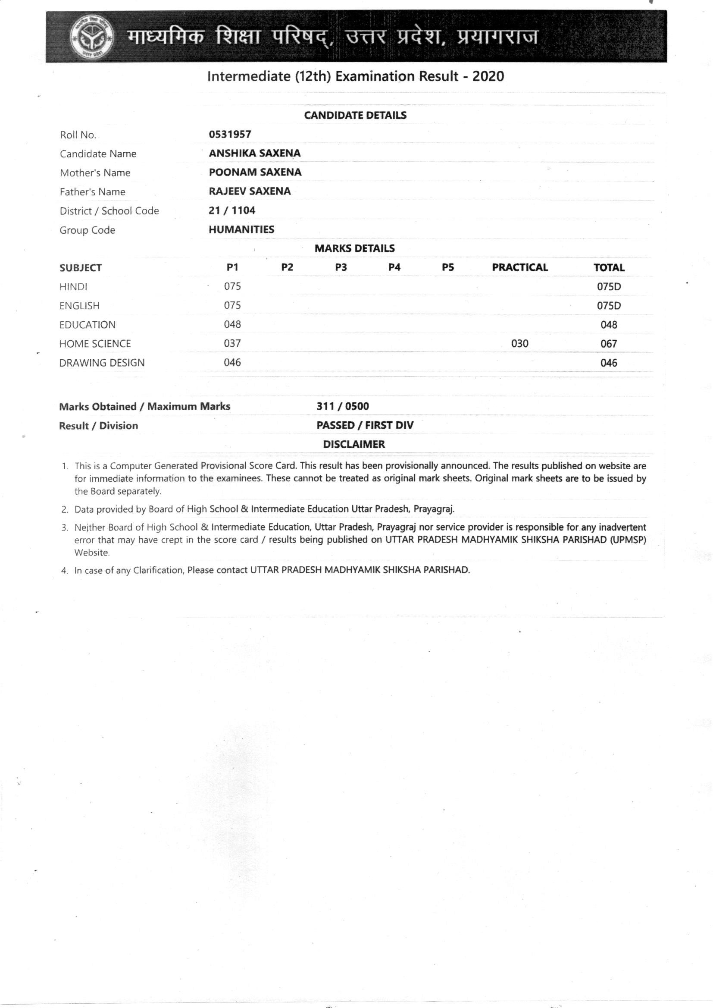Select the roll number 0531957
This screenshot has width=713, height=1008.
(x=230, y=135)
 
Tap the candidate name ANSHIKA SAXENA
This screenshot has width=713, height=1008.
(x=255, y=153)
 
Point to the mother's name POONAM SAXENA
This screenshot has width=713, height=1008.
(x=255, y=172)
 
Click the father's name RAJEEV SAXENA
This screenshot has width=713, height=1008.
(x=250, y=191)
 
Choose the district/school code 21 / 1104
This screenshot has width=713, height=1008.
(x=232, y=210)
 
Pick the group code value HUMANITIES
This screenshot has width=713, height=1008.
(x=241, y=229)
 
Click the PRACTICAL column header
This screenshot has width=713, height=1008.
(x=520, y=267)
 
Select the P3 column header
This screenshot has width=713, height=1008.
(x=341, y=267)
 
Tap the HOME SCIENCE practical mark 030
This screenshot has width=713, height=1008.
(x=520, y=343)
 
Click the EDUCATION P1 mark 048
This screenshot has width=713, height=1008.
(x=232, y=324)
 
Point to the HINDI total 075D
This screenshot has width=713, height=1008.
(x=609, y=287)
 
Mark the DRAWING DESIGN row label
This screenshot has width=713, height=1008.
(x=102, y=363)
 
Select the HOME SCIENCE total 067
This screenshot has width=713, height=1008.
(x=609, y=344)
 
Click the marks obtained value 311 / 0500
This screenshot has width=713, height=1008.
(x=342, y=406)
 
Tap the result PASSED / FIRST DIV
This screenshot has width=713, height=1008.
(x=365, y=425)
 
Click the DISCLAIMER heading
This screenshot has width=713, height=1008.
(x=354, y=444)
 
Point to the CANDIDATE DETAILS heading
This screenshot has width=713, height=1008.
(x=355, y=116)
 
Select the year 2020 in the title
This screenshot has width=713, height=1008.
(x=488, y=76)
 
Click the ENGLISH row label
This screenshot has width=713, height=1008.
(x=79, y=306)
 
